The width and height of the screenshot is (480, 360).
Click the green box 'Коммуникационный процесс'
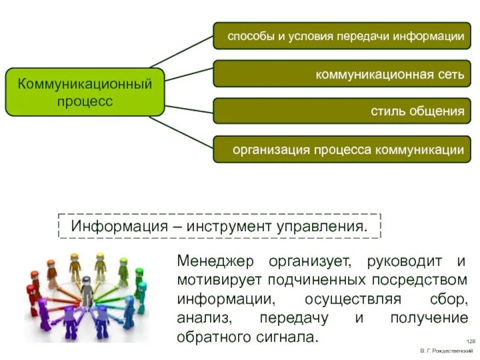(85, 92)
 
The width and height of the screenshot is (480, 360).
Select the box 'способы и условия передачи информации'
(342, 37)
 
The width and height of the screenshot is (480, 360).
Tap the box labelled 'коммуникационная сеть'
(342, 74)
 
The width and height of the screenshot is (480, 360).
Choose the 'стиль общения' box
(342, 111)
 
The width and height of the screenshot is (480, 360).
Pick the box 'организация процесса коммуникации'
(342, 149)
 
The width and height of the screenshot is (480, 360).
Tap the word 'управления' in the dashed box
(320, 227)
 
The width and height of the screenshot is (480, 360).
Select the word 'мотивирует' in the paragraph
(217, 280)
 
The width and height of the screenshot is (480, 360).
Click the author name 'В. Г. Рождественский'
(443, 350)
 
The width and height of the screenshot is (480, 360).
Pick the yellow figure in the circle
(74, 266)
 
